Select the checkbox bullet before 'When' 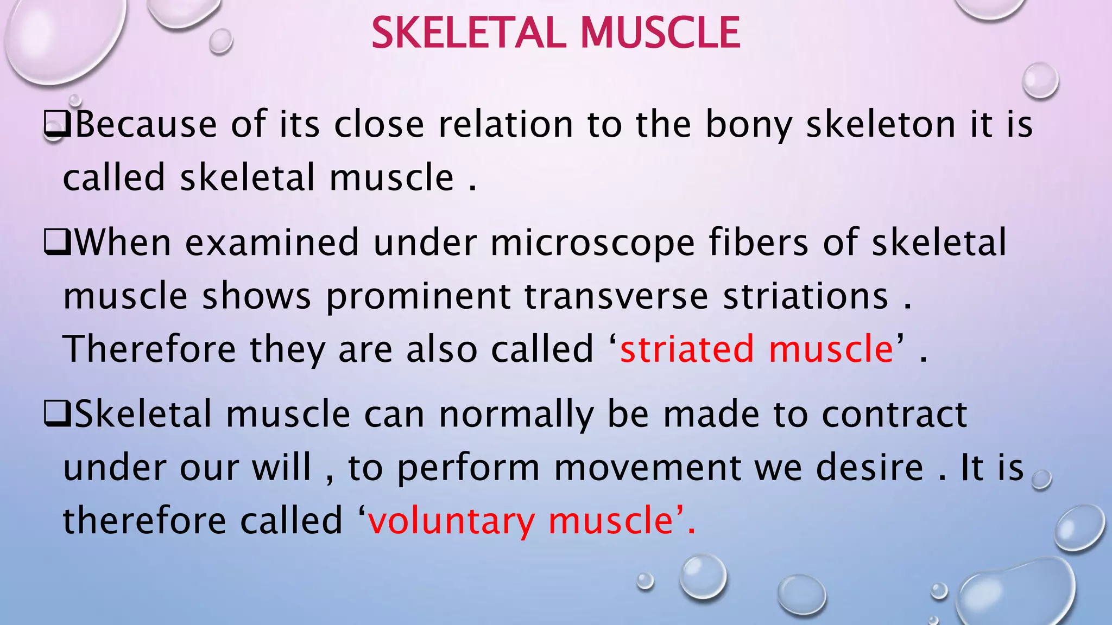[x=56, y=244]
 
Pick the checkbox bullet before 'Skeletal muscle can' [x=56, y=416]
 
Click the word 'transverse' [x=616, y=297]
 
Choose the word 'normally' [x=516, y=416]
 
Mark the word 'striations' [x=806, y=297]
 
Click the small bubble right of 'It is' [x=1041, y=480]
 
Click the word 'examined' [x=272, y=243]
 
